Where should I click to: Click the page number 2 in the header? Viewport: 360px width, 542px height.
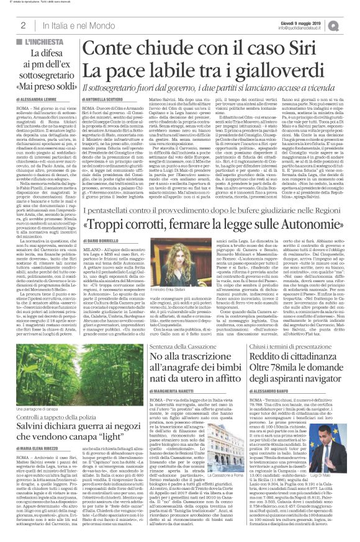click(x=22, y=25)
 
